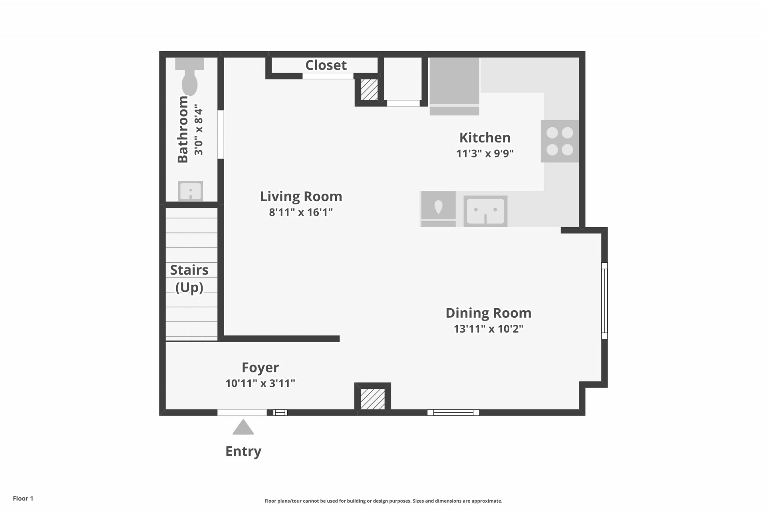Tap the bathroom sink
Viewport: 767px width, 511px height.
[x=191, y=191]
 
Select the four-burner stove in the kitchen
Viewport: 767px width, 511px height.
[x=560, y=141]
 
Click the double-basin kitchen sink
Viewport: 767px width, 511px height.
[x=485, y=211]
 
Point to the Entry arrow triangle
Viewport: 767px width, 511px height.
[x=243, y=427]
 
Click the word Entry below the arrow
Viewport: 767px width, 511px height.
[x=243, y=451]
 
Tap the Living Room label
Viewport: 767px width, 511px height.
[x=301, y=196]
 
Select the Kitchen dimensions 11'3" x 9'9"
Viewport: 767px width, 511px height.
[x=485, y=153]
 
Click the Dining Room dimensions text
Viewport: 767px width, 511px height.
[x=489, y=329]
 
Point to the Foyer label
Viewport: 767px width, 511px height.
[x=260, y=368]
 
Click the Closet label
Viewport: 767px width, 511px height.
[x=326, y=65]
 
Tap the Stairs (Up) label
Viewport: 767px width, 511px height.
[x=189, y=279]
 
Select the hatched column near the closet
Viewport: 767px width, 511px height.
[x=369, y=90]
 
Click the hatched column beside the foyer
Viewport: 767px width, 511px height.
[x=373, y=399]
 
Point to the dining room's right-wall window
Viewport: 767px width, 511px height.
[x=604, y=301]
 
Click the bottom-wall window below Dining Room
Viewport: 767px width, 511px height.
[x=453, y=412]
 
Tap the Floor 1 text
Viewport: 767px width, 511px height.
[x=23, y=498]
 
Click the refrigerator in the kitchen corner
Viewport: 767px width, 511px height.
[x=454, y=86]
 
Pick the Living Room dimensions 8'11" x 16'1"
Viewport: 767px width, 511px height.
[x=301, y=212]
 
